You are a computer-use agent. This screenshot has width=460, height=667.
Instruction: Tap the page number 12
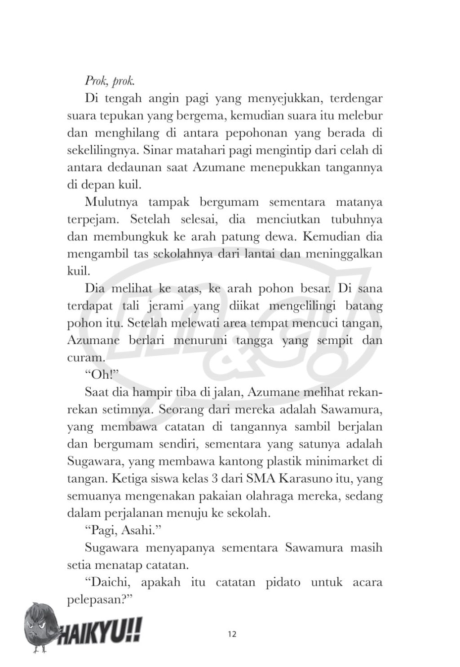click(x=232, y=634)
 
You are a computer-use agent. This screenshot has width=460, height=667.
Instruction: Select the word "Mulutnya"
click(x=110, y=202)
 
